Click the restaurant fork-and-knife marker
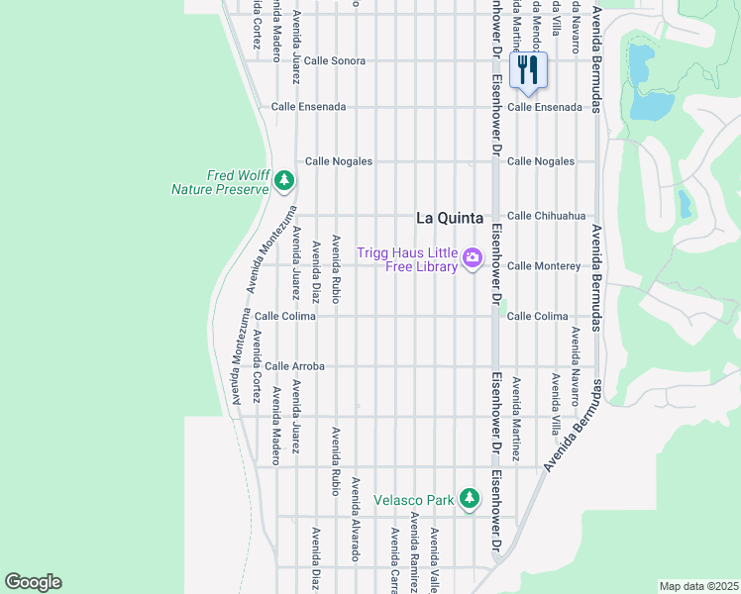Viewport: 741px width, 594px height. [x=527, y=70]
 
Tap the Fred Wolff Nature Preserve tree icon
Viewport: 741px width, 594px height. [x=284, y=180]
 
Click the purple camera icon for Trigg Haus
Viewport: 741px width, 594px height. [x=473, y=258]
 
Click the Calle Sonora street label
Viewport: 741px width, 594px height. [x=335, y=60]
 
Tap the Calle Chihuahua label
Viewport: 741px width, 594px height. [x=546, y=215]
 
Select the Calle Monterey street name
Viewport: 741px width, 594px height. [x=543, y=265]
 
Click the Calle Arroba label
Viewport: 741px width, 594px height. [x=294, y=366]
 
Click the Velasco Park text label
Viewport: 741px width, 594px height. [x=414, y=500]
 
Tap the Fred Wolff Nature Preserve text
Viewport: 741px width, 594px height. [x=220, y=182]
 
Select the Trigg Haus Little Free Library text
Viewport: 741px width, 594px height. [x=408, y=259]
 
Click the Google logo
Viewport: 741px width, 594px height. [x=33, y=582]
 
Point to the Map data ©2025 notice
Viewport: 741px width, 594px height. [x=699, y=585]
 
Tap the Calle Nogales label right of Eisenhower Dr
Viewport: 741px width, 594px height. [x=540, y=161]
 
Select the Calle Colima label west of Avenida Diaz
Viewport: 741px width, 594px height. [x=284, y=317]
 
